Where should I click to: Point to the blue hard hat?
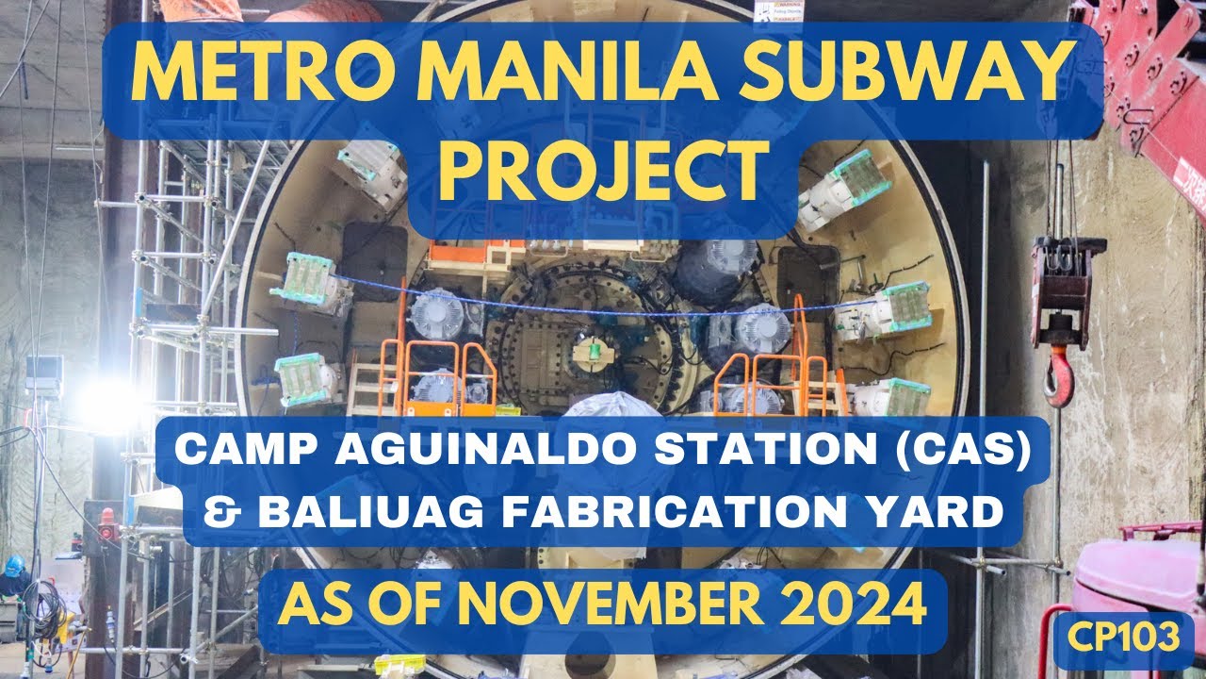tap(14, 566)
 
